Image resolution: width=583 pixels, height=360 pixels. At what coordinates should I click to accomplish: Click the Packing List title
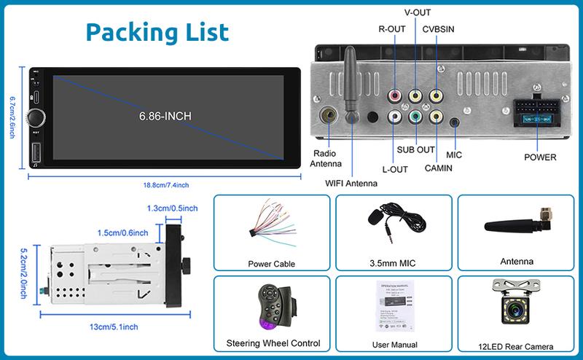coord(157,31)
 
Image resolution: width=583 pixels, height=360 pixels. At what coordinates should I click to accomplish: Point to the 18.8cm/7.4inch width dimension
coord(166,184)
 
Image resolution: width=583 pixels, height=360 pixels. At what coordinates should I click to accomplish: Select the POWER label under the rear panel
coord(540,157)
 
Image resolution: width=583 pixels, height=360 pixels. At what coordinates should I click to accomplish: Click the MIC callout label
coord(454,154)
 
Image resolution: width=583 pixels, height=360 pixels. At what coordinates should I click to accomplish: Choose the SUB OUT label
coord(415,150)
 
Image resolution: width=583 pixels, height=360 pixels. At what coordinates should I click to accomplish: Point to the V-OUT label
coord(416,12)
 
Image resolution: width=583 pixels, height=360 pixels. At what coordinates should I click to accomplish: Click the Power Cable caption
coord(271,264)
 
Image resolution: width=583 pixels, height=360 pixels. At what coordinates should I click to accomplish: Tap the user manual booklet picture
coord(394,307)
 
